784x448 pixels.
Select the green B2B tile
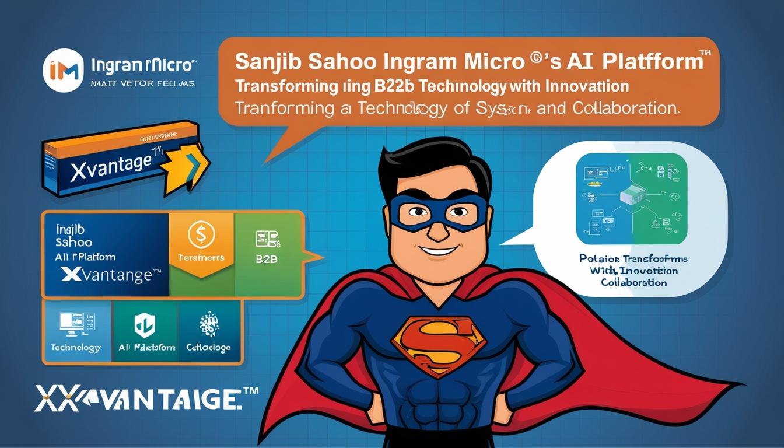pyautogui.click(x=267, y=255)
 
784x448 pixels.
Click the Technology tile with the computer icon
pyautogui.click(x=76, y=331)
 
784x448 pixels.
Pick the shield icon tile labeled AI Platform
pyautogui.click(x=146, y=331)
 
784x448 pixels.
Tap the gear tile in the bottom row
pyautogui.click(x=209, y=331)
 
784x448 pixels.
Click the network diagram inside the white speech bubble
pyautogui.click(x=631, y=198)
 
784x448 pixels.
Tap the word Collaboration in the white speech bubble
pyautogui.click(x=634, y=282)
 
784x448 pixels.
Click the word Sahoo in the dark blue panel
pyautogui.click(x=74, y=242)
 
